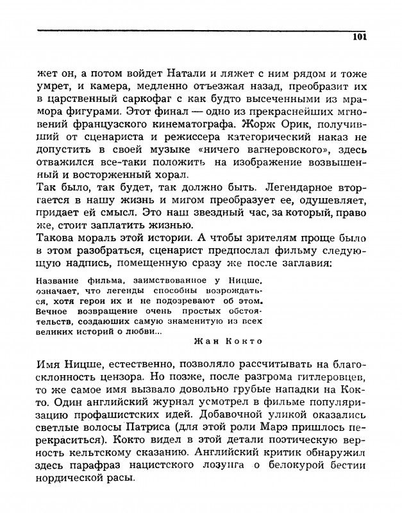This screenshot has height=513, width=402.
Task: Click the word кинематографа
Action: [x=210, y=127]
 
